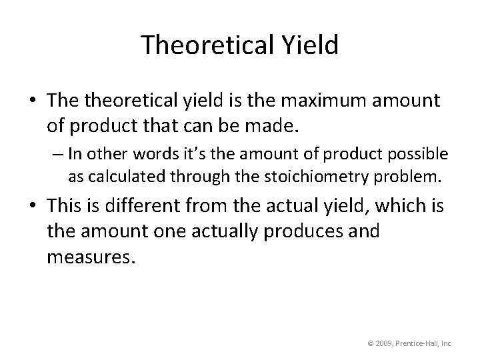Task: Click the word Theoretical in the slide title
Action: coord(203,45)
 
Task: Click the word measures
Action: coord(91,255)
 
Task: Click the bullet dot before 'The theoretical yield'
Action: coord(33,101)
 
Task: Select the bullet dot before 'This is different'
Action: coord(33,207)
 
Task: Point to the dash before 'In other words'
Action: coord(57,155)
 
